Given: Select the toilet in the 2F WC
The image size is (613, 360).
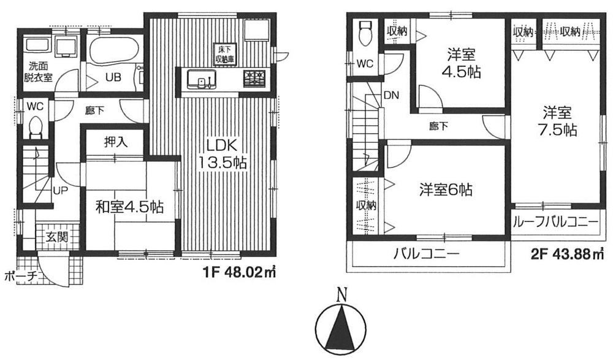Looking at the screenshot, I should pyautogui.click(x=366, y=33).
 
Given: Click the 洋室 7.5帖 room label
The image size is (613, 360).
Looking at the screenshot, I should pyautogui.click(x=557, y=121).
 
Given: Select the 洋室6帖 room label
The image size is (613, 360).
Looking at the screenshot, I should pyautogui.click(x=446, y=190).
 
